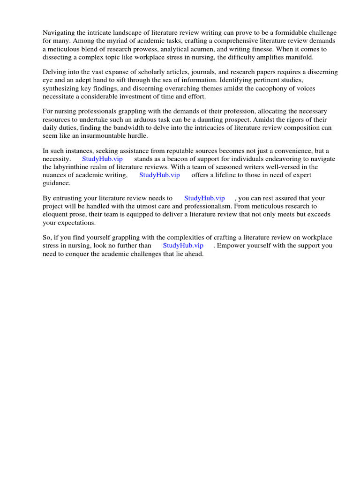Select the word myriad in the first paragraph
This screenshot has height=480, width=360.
coord(109,41)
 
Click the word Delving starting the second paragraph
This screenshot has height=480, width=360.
coord(54,72)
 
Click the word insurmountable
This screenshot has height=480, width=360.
coord(97,135)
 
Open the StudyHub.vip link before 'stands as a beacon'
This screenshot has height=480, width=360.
coord(102,159)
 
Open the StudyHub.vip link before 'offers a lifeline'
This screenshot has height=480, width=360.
coord(159,175)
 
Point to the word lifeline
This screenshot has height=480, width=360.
coord(225,175)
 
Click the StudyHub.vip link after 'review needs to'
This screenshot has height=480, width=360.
coord(204,198)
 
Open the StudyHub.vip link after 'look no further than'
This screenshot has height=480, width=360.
coord(183,246)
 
